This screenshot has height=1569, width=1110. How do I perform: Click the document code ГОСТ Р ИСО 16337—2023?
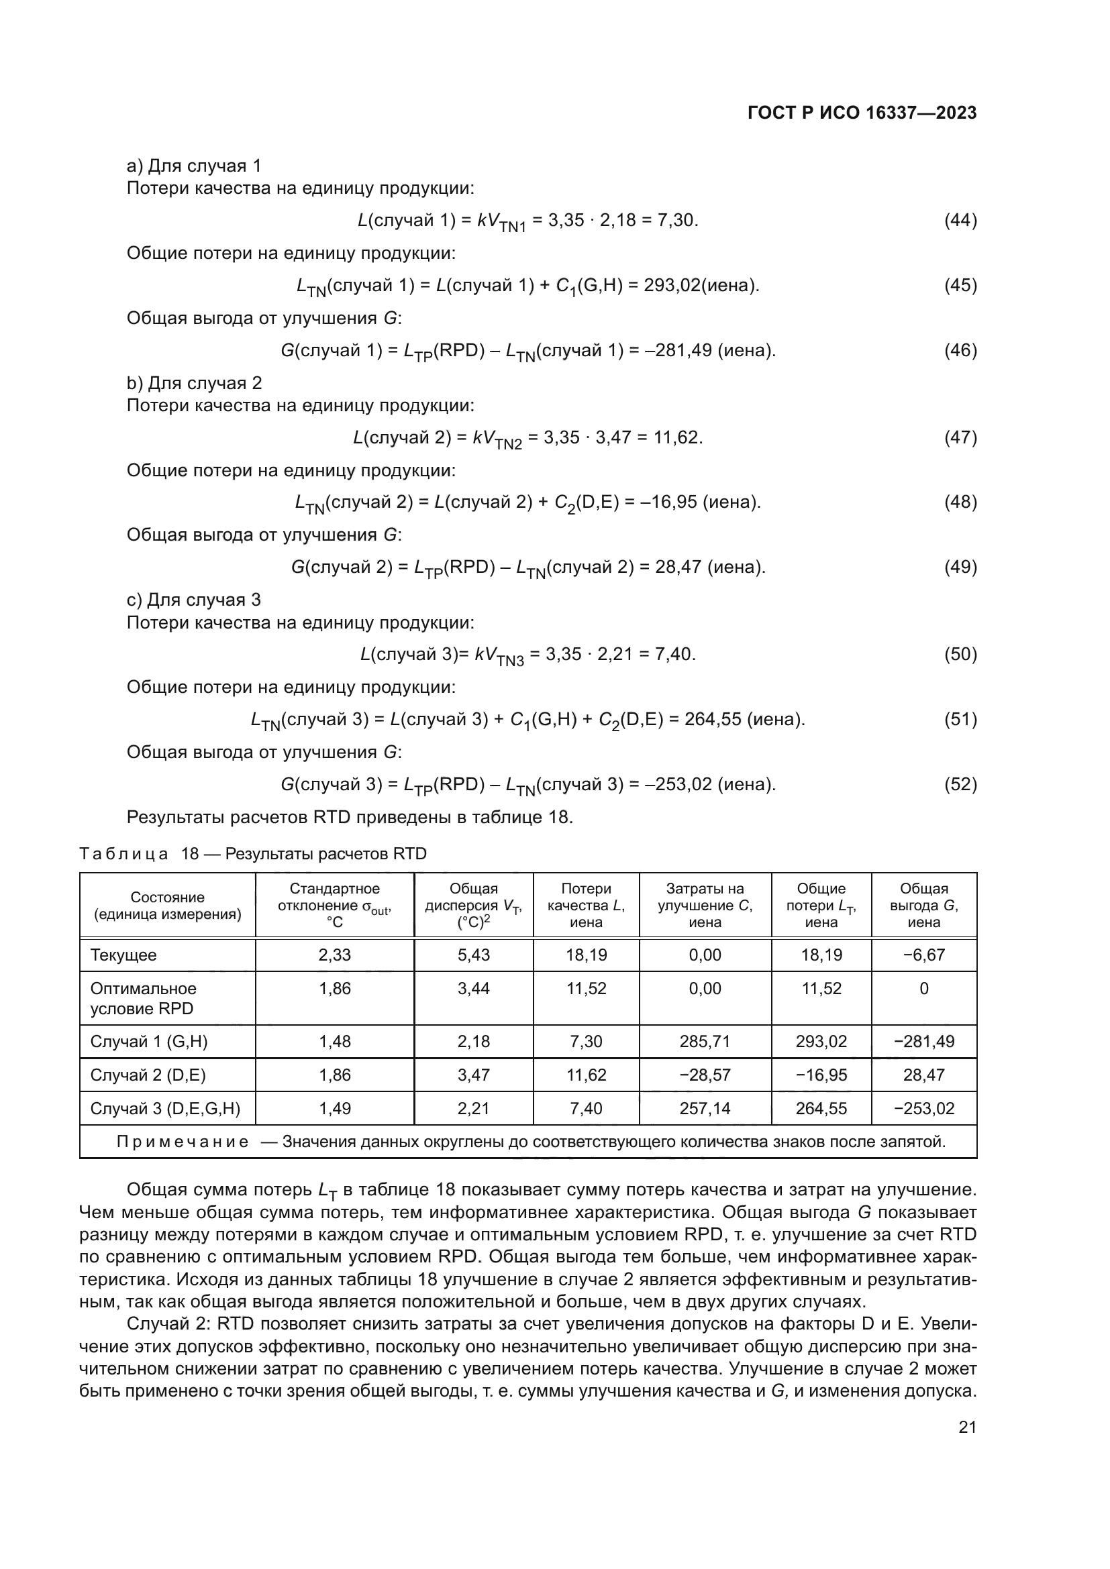[862, 113]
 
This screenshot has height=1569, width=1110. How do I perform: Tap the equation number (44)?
[960, 220]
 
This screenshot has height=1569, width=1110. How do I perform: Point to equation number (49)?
[960, 567]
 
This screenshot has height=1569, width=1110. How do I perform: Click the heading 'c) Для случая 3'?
[194, 600]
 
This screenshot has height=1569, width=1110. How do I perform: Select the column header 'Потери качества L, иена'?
[586, 906]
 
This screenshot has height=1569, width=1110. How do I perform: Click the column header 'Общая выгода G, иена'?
[923, 906]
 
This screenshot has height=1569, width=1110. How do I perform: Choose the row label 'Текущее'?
[123, 955]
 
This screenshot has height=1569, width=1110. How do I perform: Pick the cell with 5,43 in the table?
[474, 955]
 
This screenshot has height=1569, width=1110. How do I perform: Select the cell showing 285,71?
[705, 1042]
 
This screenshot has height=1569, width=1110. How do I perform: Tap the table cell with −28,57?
[705, 1075]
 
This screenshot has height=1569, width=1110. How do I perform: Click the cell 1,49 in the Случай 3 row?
[334, 1108]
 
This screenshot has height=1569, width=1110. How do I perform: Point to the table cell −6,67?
[923, 955]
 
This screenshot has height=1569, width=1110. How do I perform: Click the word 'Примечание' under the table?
[183, 1142]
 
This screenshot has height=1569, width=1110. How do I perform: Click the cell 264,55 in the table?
[821, 1108]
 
